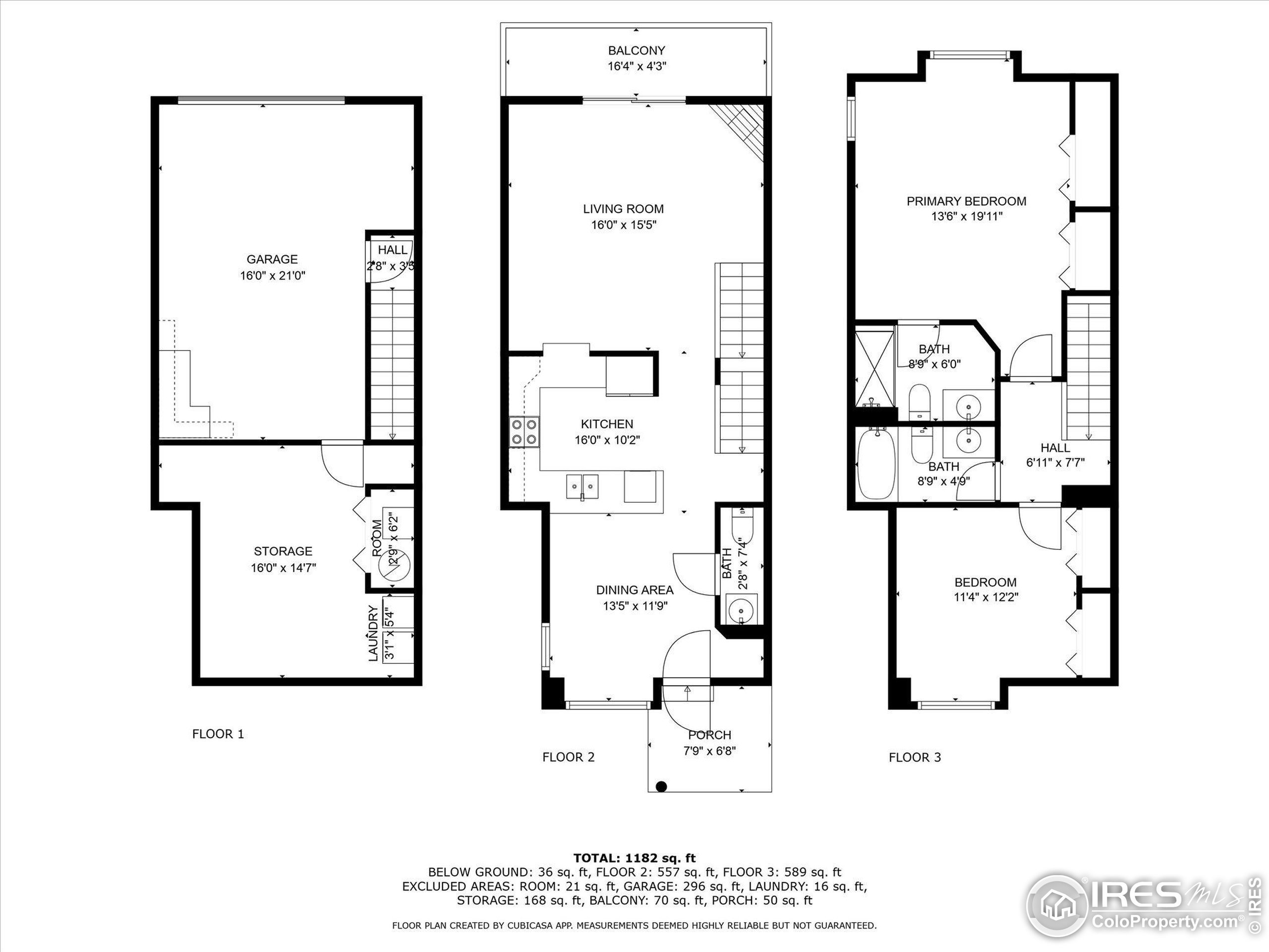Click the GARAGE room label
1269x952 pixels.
[x=272, y=259]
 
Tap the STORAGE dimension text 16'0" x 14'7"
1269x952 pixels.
[x=284, y=568]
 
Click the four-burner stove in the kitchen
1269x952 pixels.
[x=525, y=432]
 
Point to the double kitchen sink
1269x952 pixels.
[x=582, y=486]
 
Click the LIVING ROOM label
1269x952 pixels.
[x=623, y=209]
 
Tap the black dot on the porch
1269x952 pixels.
[x=661, y=786]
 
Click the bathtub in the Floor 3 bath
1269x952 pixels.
[x=875, y=465]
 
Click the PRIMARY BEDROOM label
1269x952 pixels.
[x=966, y=201]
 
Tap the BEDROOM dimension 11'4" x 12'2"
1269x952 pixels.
[x=985, y=597]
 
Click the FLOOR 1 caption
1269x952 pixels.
[x=218, y=734]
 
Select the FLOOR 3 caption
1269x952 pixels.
[x=915, y=758]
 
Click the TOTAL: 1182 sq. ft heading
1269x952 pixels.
[x=634, y=858]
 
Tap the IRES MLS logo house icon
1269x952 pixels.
[x=1056, y=907]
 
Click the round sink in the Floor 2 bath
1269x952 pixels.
[x=741, y=609]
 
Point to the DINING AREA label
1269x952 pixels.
[x=634, y=590]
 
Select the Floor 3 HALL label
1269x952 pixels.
[x=1055, y=448]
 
